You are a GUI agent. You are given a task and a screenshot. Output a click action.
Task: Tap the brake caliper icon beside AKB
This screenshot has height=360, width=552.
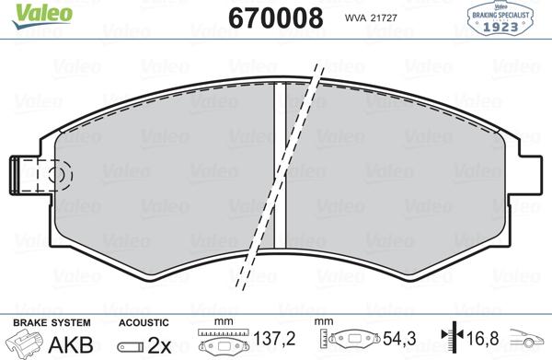[25, 343]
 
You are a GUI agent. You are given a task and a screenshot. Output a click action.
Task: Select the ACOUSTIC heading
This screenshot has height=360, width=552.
[144, 322]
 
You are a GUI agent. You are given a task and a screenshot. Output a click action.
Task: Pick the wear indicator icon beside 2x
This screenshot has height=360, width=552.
[131, 345]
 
